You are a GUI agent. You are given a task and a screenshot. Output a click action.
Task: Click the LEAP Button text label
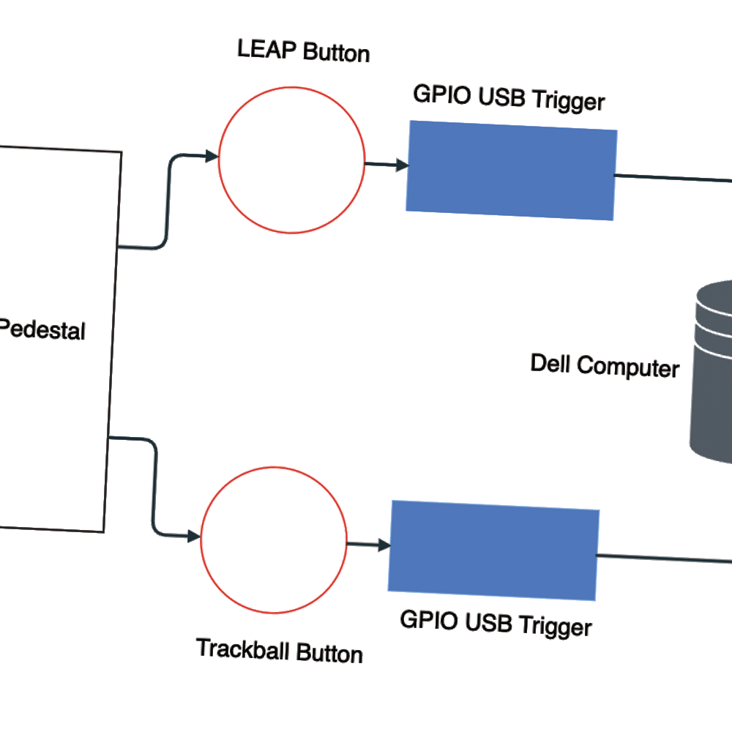(x=303, y=52)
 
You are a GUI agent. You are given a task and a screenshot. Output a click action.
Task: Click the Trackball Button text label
(x=280, y=650)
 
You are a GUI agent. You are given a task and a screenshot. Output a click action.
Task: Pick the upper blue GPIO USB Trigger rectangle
(x=511, y=170)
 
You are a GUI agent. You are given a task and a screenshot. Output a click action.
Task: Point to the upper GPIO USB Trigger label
(x=509, y=97)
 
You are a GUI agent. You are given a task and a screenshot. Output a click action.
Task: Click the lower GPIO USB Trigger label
(x=496, y=624)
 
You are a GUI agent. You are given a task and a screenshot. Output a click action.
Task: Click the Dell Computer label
(x=605, y=365)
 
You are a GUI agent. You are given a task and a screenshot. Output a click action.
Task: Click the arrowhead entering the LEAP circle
(x=212, y=157)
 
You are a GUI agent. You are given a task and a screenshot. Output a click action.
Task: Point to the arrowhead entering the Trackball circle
(x=194, y=537)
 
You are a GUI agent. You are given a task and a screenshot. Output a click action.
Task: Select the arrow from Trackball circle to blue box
(x=368, y=545)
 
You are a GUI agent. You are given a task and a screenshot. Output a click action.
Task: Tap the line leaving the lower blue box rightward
(x=662, y=559)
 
